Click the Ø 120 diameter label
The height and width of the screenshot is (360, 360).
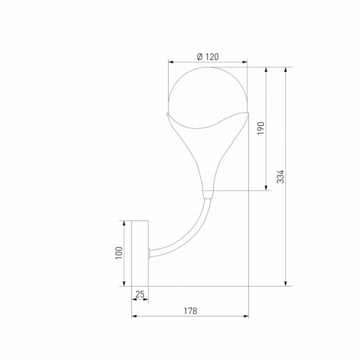coord(208,57)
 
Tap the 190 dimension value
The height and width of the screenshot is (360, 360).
coord(260,129)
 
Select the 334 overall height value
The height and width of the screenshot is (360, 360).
coord(280,176)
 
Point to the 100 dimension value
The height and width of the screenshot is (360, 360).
coord(119,252)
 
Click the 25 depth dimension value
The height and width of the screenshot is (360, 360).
coord(140,294)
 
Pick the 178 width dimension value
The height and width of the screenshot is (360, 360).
coord(190,311)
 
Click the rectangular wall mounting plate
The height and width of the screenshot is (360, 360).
coord(140,253)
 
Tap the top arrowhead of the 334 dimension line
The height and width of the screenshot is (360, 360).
coord(286,70)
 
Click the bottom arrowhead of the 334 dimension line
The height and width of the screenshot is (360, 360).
coord(286,283)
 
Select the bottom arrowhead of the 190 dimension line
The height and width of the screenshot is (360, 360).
coord(266,188)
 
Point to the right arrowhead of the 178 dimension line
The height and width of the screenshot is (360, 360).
coord(245,316)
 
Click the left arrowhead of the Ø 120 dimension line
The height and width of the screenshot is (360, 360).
coord(170,61)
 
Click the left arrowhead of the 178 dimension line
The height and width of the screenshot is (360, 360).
coord(134,316)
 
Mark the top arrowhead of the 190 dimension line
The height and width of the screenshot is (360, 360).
coord(266,70)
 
